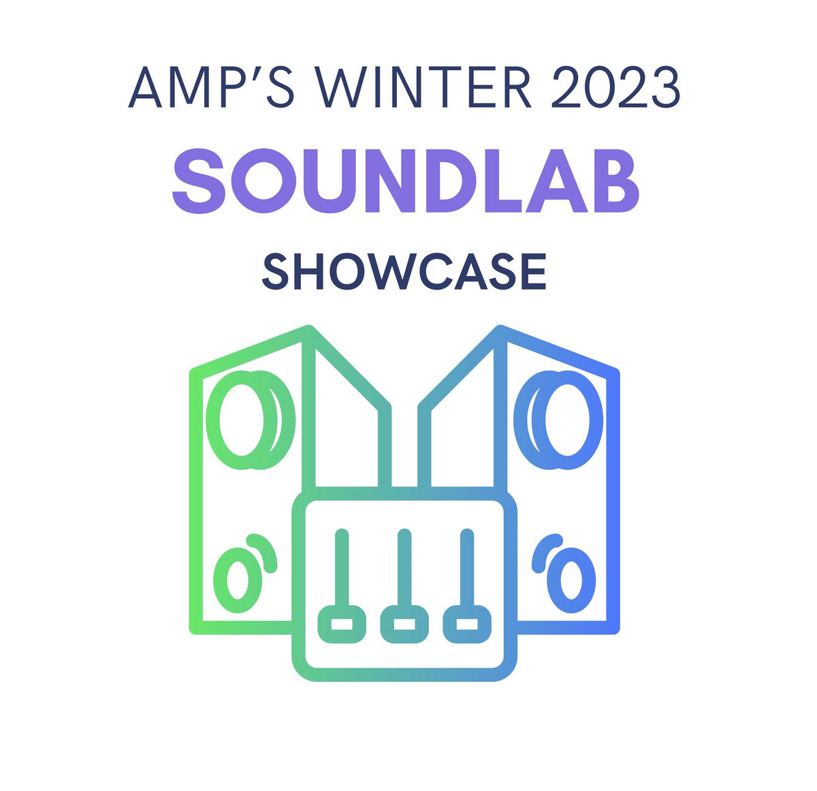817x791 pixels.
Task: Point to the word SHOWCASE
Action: point(404,272)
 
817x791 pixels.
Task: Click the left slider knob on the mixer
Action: point(342,624)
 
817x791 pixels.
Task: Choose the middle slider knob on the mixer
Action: point(404,624)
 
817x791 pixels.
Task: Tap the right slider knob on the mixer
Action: point(466,624)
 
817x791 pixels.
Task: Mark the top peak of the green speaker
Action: point(308,330)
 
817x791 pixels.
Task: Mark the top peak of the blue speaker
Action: point(501,330)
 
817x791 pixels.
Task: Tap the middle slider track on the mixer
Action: point(404,565)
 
